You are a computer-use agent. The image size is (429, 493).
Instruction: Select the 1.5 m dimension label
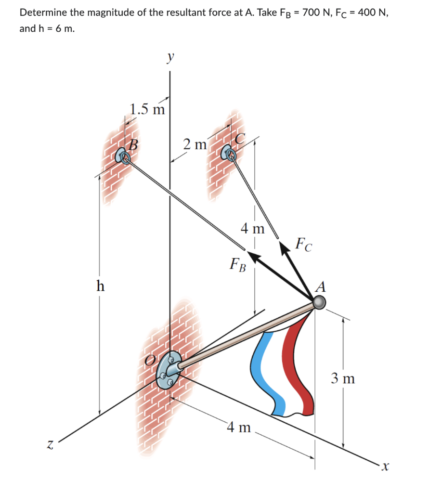(147, 109)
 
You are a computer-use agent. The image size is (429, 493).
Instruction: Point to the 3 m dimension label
(343, 378)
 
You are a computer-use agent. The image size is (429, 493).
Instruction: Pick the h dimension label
(100, 286)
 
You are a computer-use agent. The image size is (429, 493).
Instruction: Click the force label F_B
(238, 264)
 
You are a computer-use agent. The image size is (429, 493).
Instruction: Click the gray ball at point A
(319, 302)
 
